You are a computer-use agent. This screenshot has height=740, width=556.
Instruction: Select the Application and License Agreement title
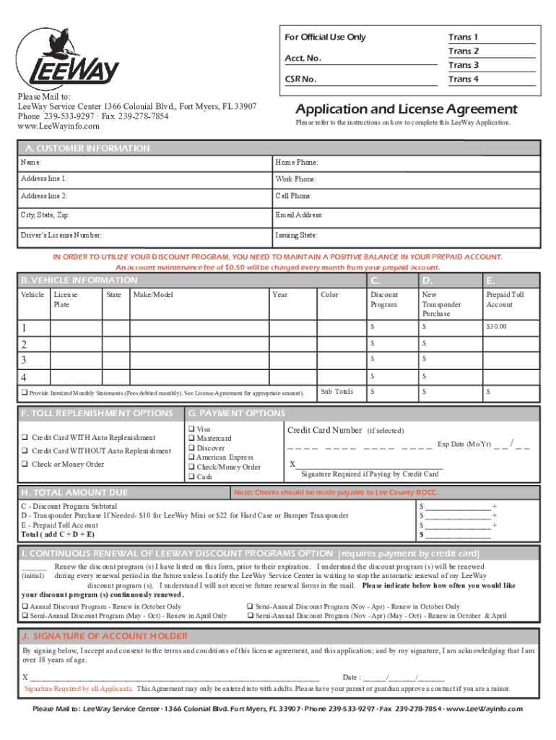(x=407, y=109)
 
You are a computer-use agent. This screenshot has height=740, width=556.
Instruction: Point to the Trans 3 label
(x=463, y=65)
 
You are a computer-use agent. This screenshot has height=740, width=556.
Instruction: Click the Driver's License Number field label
(x=61, y=235)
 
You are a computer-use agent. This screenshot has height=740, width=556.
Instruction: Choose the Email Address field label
(x=299, y=215)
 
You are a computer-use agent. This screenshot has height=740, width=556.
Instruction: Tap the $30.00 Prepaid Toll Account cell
(x=497, y=327)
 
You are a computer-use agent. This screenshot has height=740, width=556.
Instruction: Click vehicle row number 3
(x=25, y=359)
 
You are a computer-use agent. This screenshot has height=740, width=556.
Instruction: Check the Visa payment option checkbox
(x=192, y=429)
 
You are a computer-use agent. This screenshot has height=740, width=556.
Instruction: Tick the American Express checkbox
(x=192, y=457)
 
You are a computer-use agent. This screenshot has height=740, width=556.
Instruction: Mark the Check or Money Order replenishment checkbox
(x=25, y=464)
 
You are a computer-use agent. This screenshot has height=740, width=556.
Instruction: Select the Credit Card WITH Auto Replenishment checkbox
(x=25, y=438)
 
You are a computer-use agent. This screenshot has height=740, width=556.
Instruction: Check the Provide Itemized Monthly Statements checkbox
(x=24, y=392)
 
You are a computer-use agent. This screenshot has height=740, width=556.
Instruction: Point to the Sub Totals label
(x=337, y=392)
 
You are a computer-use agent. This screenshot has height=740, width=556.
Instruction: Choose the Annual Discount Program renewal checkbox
(x=25, y=606)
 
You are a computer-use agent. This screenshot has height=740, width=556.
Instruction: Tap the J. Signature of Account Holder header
(x=105, y=636)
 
